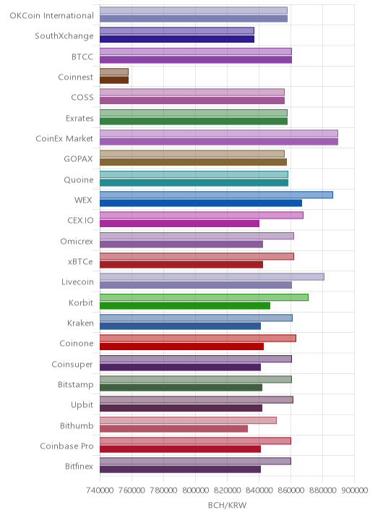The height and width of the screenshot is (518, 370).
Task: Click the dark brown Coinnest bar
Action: coord(114,80)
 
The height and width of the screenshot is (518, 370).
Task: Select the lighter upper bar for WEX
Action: coord(216,195)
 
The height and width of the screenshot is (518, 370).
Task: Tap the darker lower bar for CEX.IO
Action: coord(179,224)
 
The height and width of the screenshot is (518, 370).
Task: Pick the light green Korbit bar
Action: coord(204,297)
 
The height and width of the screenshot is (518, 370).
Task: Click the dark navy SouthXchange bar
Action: coord(177,39)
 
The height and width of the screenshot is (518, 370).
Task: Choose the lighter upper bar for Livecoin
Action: coord(212,277)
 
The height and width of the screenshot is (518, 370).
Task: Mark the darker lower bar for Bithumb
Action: coord(174,428)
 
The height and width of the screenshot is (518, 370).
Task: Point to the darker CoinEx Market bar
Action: coord(219,142)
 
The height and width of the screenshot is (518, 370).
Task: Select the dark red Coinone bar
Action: coord(182,347)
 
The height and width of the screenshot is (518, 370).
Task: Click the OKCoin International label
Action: coord(52,15)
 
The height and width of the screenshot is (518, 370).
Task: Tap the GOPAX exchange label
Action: coord(78,159)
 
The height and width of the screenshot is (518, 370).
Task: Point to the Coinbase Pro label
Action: coord(67,446)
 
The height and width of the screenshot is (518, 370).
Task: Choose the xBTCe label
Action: coord(80,262)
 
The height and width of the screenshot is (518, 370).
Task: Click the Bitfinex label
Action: coord(79,466)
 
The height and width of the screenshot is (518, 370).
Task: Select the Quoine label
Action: coord(79,179)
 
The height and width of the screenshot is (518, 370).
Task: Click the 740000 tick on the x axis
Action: coord(100,490)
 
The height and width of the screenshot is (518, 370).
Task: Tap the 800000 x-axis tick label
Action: coord(195,490)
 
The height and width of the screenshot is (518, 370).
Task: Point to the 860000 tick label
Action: coord(291,490)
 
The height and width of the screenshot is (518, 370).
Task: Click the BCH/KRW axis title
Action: coord(227,505)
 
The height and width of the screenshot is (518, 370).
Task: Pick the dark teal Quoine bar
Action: coord(194,183)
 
